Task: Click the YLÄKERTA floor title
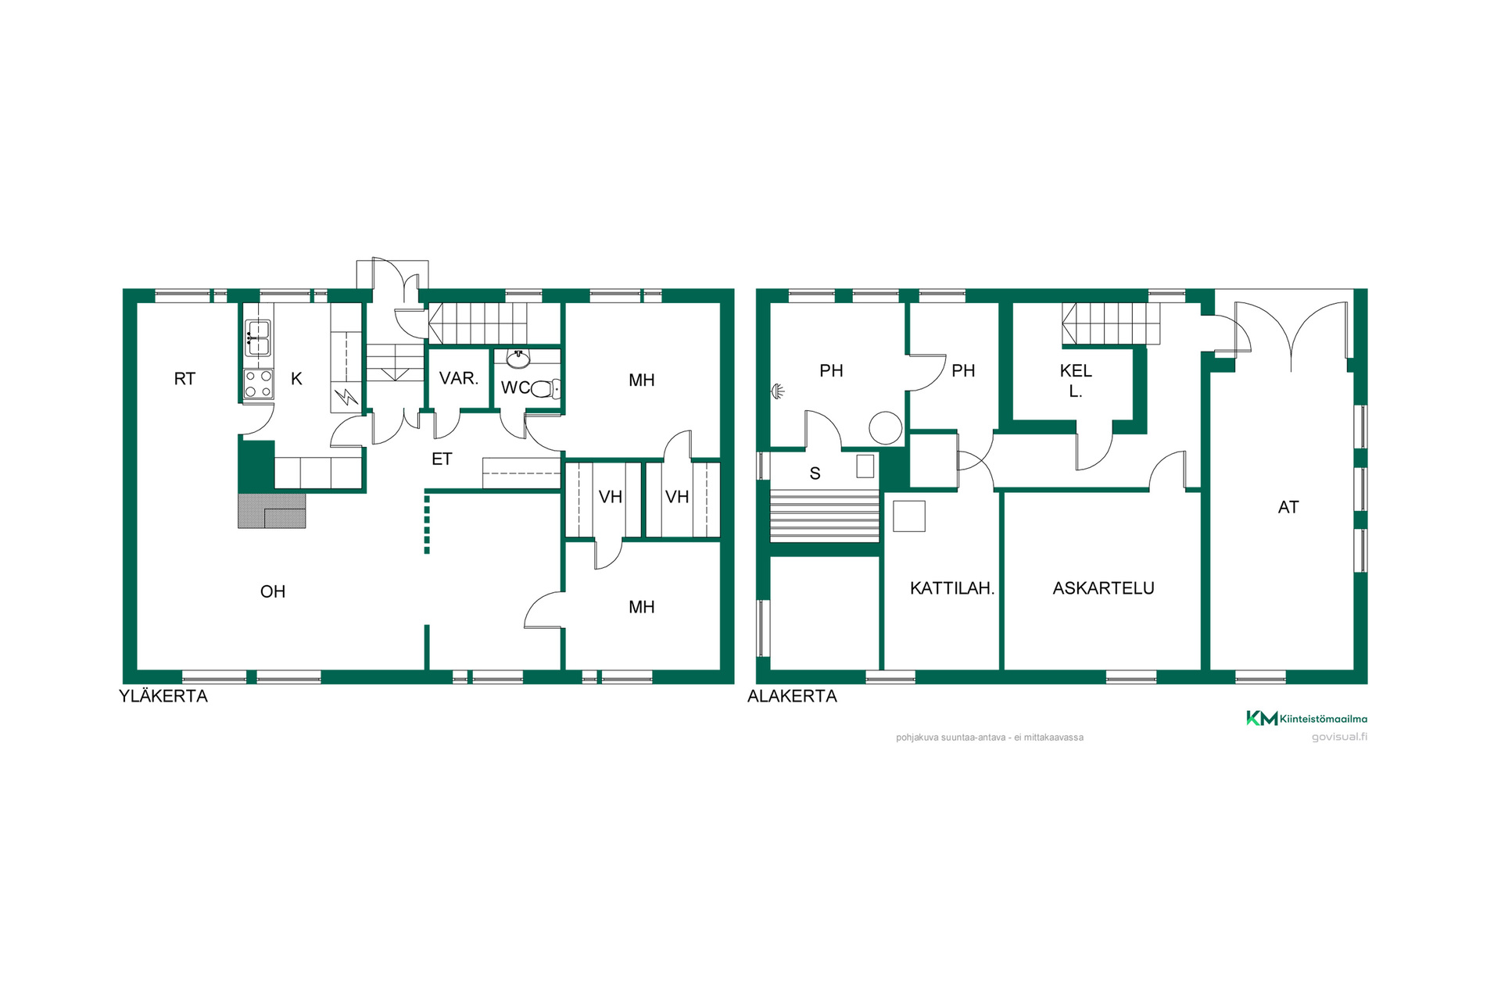coord(163,696)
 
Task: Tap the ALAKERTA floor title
coord(792,696)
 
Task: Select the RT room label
coord(184,379)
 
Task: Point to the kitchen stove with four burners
coord(259,384)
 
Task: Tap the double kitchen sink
coord(258,338)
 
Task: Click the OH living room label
coord(273,592)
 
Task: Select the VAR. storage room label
coord(459,379)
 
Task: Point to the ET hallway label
coord(442,459)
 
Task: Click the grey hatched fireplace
coord(271,510)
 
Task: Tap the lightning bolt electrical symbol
coord(346,398)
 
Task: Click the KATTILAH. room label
coord(952,588)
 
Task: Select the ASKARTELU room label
coord(1103,588)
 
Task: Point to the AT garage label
coord(1288,508)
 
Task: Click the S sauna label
coord(815,473)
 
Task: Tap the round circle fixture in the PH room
coord(886,428)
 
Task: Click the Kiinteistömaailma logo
coord(1306,719)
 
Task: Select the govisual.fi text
coord(1339,737)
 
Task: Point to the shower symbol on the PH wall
coord(777,391)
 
